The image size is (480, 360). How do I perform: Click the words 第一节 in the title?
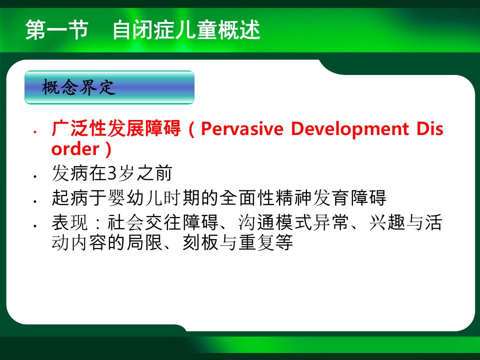point(57,30)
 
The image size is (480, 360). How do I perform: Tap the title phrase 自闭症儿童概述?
point(186,30)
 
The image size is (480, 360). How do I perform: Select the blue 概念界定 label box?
point(109,87)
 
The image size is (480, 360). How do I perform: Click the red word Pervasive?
point(242,128)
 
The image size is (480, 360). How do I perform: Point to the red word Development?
point(350,128)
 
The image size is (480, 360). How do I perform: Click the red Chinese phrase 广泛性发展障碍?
point(116,128)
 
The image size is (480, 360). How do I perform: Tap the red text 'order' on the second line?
point(75,149)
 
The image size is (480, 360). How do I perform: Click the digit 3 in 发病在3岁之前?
point(112,173)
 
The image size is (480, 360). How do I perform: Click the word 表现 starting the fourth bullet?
point(70,222)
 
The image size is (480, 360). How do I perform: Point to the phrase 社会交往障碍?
point(163,222)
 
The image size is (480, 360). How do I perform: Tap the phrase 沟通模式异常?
point(293,222)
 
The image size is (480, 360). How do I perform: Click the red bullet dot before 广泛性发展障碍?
point(35,132)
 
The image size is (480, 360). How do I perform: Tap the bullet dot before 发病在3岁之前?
point(35,176)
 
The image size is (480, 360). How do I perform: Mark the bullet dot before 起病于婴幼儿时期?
point(35,201)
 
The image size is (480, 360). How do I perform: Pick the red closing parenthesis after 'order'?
point(108,149)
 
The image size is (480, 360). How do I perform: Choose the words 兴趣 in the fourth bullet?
point(387,222)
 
